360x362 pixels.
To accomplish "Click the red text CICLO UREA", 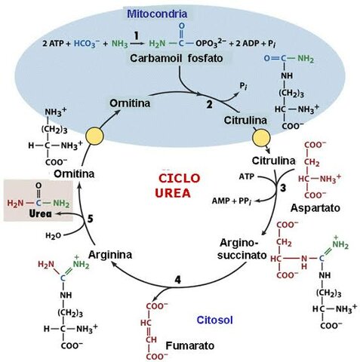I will click(x=180, y=186).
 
